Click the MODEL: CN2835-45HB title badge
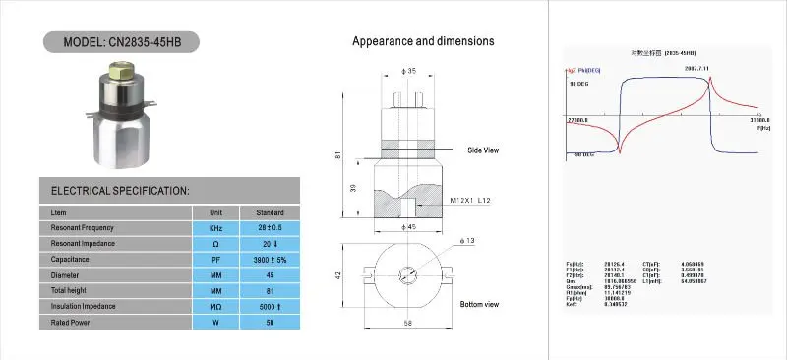(x=121, y=43)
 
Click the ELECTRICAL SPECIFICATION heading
(x=120, y=190)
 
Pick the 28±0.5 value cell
(x=270, y=228)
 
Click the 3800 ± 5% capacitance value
(x=270, y=259)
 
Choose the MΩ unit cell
(x=215, y=305)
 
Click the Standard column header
(x=270, y=212)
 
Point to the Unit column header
(x=215, y=212)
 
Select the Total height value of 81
(x=270, y=289)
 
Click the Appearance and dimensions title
(x=423, y=42)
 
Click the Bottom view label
(x=479, y=304)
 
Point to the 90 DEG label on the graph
(x=580, y=85)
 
